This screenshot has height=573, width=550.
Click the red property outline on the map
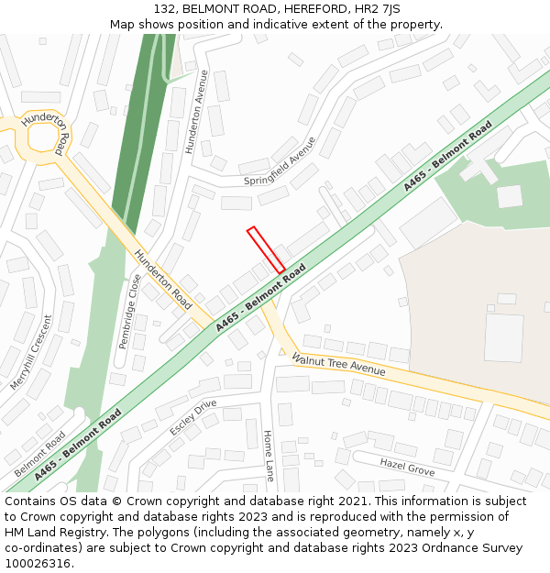[x=266, y=249]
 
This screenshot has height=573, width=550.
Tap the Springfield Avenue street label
[x=280, y=160]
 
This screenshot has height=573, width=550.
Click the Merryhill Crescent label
[x=31, y=352]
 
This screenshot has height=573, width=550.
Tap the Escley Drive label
[x=192, y=417]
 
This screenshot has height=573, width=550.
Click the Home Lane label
[x=269, y=456]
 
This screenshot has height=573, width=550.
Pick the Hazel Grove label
[x=407, y=468]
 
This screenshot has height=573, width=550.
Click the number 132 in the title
[x=164, y=9]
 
